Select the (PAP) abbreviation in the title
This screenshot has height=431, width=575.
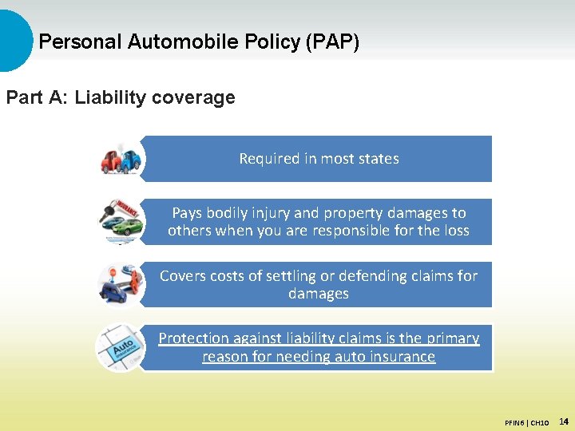point(331,42)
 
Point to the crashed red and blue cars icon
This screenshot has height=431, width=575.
point(121,159)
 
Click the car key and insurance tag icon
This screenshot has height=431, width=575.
point(121,221)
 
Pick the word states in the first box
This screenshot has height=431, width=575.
point(379,159)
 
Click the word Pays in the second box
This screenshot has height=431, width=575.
point(187,213)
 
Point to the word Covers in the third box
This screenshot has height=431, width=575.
point(182,276)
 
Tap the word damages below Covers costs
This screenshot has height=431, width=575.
point(318,294)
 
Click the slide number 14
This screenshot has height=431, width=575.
point(563,421)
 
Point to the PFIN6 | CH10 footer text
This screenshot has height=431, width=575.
point(526,421)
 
